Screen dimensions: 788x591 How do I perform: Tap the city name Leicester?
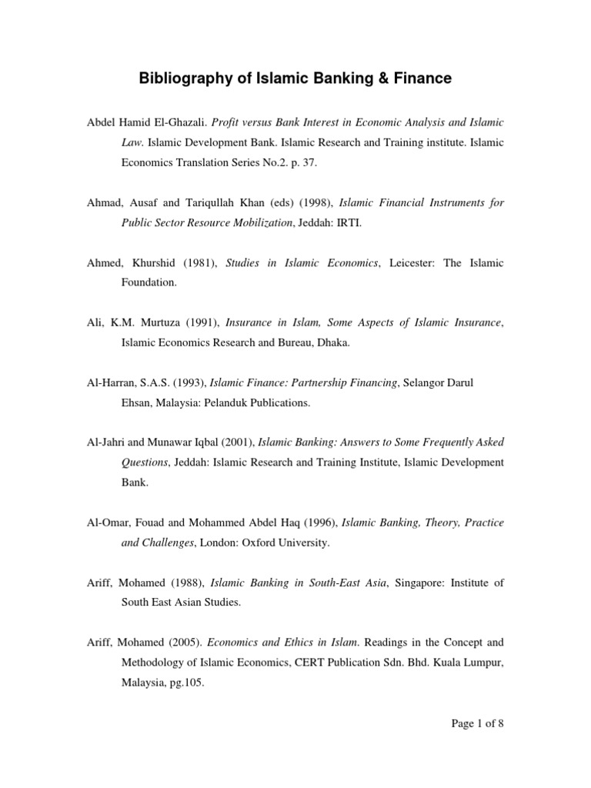point(415,263)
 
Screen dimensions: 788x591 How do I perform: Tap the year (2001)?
point(237,442)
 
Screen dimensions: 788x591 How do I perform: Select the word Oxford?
point(266,543)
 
